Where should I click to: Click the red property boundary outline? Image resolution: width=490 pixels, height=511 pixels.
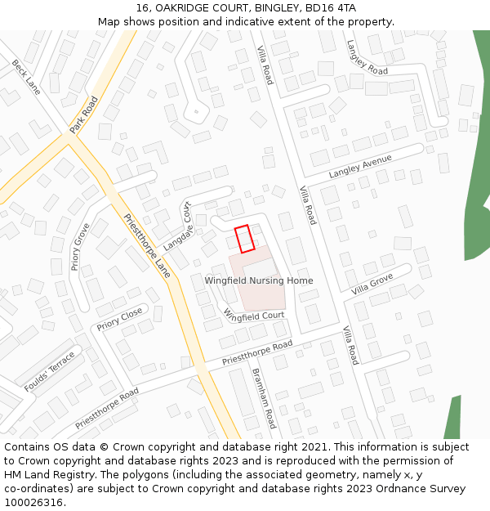pos(245,239)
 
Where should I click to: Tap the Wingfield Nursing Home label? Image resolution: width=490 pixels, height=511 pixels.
pos(258,281)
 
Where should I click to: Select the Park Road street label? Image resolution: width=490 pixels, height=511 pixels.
pos(83,114)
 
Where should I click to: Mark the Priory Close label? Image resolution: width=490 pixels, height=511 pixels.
pos(119,319)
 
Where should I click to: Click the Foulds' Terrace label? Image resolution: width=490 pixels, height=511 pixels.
pos(50,371)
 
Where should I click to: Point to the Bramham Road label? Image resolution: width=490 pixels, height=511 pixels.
pos(265,399)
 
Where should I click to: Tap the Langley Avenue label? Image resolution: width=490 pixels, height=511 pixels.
pos(360,166)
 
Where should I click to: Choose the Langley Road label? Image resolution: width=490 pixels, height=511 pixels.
pos(367,57)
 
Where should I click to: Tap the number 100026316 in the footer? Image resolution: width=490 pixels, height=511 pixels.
pos(33,502)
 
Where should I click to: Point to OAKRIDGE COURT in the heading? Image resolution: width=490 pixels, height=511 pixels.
pos(190,8)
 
